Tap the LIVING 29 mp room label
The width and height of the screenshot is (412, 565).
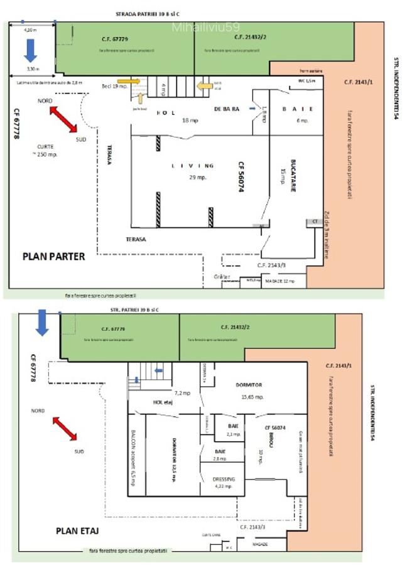click(193, 171)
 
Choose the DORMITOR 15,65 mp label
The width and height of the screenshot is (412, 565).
click(249, 390)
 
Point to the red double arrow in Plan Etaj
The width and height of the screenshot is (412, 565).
click(65, 429)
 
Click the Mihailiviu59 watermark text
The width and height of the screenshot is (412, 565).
click(197, 27)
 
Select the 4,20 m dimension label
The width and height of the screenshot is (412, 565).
click(30, 30)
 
